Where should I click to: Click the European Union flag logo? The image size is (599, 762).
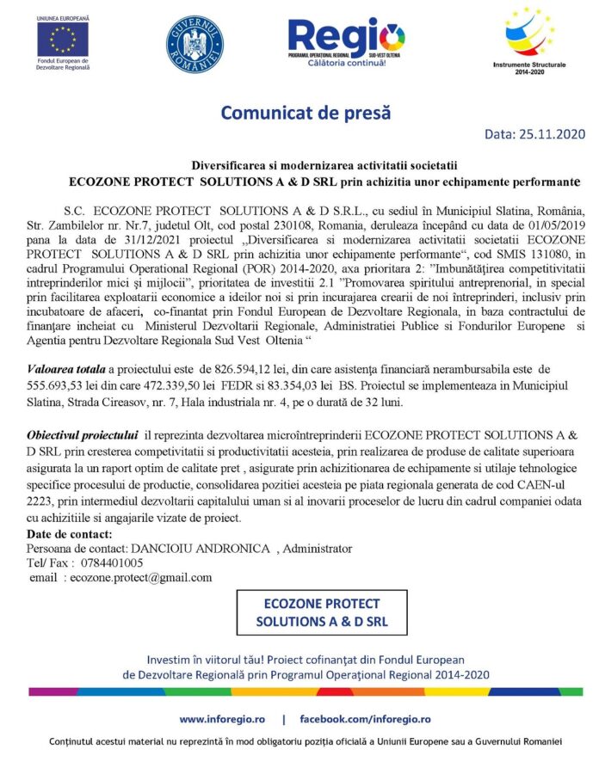pos(62,38)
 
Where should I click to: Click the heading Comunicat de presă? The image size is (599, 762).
pos(306,112)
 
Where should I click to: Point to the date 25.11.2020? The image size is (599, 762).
pos(549,135)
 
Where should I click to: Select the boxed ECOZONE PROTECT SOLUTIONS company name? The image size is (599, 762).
pos(323,611)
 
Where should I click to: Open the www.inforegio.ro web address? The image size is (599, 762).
pos(221,718)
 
